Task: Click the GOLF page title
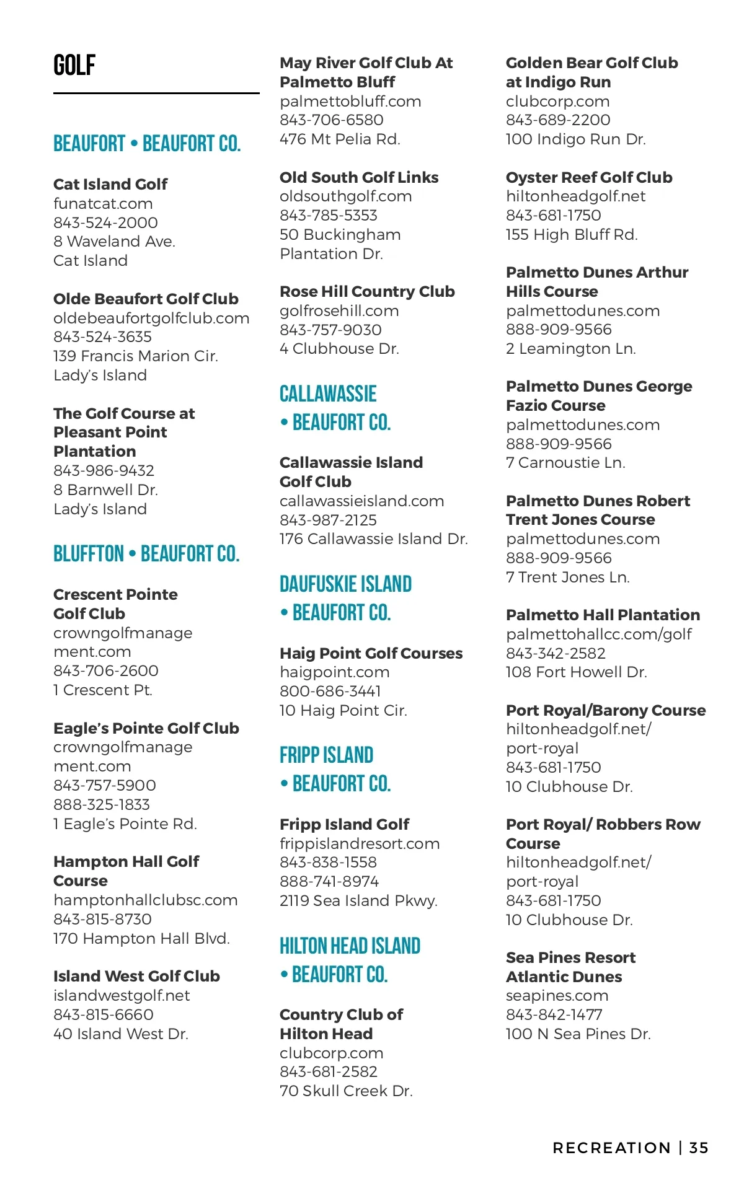click(74, 65)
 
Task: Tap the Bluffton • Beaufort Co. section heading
click(146, 553)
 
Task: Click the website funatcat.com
click(103, 204)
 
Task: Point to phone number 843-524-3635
click(102, 337)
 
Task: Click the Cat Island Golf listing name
click(110, 184)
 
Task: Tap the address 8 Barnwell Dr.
click(105, 490)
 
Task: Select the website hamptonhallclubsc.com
click(145, 900)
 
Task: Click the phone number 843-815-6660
click(104, 1015)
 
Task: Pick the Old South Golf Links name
click(359, 177)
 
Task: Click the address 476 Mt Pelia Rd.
click(340, 139)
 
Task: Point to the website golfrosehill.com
click(339, 311)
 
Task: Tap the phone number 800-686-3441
click(330, 692)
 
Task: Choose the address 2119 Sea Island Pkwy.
click(358, 901)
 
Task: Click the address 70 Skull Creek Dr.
click(346, 1091)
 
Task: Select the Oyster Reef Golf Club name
click(589, 177)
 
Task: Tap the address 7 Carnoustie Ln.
click(565, 463)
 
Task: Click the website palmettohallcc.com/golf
click(599, 635)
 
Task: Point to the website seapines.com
click(557, 996)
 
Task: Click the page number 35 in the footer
click(699, 1148)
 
